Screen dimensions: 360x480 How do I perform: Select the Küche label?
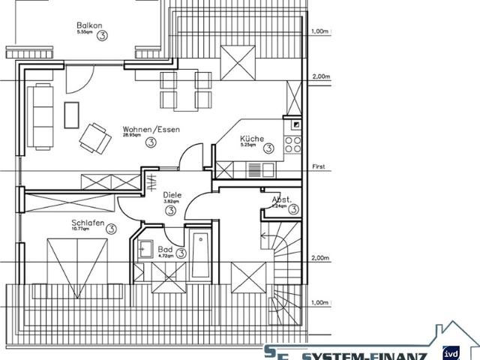click(251, 139)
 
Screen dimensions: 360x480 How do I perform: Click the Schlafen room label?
click(88, 223)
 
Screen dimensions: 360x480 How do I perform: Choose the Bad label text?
click(165, 249)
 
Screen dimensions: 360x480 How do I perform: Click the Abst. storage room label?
click(281, 200)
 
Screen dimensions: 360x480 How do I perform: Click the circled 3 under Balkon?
click(101, 34)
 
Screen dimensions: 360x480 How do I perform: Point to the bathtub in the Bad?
click(201, 256)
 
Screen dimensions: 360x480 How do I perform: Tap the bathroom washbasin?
click(145, 250)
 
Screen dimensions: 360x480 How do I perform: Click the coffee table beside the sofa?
click(71, 115)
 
